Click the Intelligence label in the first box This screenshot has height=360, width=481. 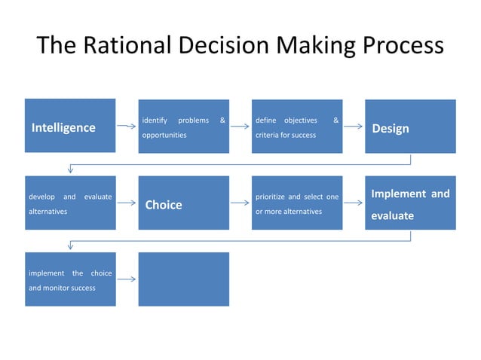[63, 127]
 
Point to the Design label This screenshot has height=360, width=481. [391, 128]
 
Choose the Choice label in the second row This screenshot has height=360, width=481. [164, 204]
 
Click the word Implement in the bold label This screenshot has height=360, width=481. [399, 194]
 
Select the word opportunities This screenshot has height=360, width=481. [164, 135]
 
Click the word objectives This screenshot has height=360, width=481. [300, 120]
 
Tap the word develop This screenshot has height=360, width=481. [41, 197]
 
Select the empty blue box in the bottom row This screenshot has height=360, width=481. [183, 279]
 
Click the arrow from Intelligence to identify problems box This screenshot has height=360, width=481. [127, 127]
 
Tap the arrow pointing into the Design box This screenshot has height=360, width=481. [354, 127]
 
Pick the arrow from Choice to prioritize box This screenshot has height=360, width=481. [240, 203]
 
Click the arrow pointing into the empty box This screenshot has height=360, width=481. [127, 279]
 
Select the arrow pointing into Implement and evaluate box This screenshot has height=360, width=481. [354, 203]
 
